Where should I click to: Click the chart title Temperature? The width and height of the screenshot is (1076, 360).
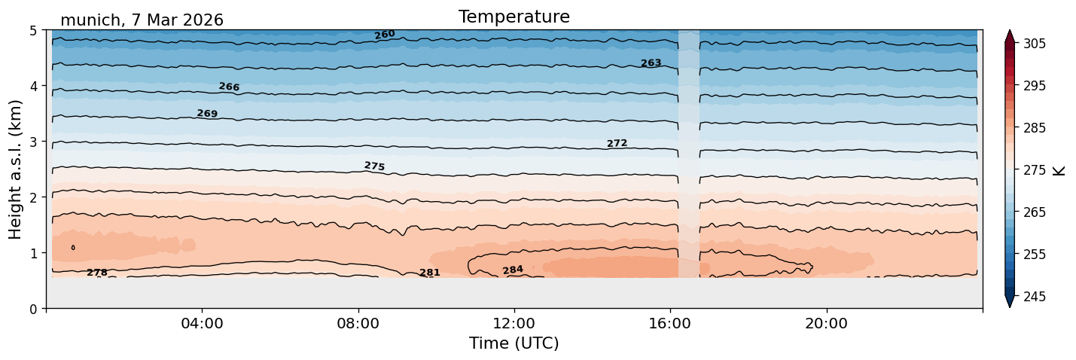(x=514, y=17)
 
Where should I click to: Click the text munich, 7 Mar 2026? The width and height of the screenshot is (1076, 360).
(x=142, y=20)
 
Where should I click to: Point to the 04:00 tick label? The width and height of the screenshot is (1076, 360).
(x=203, y=323)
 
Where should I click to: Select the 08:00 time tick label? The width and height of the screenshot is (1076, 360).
(x=358, y=323)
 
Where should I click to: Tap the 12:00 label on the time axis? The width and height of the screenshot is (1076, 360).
(x=514, y=323)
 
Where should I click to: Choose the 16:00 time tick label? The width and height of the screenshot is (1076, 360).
(x=671, y=323)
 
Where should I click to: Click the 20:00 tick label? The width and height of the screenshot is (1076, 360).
(x=827, y=323)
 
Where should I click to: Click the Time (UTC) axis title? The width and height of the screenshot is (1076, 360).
(x=514, y=343)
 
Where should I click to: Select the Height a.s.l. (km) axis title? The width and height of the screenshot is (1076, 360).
(x=15, y=169)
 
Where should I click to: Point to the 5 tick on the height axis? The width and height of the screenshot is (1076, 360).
(x=34, y=31)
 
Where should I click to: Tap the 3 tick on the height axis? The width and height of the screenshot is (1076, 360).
(x=34, y=142)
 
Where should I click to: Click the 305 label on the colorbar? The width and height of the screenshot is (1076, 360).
(x=1035, y=44)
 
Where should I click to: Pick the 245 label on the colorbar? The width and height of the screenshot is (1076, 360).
(x=1035, y=297)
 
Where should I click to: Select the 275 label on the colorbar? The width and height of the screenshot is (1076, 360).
(x=1035, y=170)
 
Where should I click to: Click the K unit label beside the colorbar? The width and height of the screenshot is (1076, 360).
(x=1058, y=171)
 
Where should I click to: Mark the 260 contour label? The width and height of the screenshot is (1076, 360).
(x=385, y=35)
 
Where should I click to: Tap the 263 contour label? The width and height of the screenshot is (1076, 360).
(x=651, y=63)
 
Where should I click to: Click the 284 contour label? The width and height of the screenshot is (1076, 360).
(x=513, y=270)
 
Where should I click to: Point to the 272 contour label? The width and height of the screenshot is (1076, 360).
(x=617, y=143)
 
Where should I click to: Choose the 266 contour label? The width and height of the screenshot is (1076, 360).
(x=229, y=87)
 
